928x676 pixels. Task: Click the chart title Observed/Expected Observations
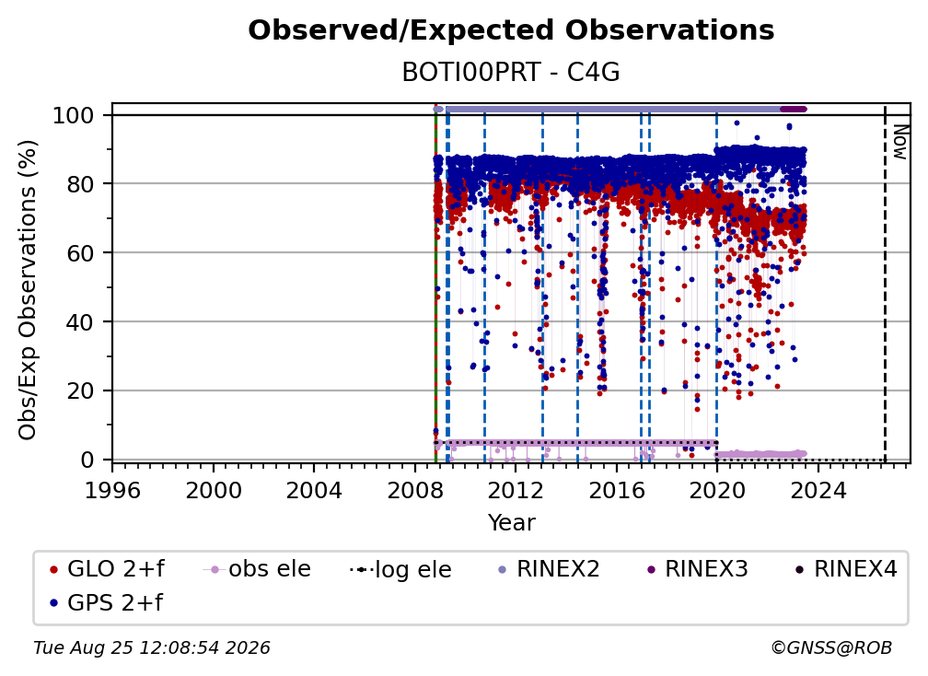(x=511, y=30)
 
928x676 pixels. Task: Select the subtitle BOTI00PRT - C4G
(x=511, y=72)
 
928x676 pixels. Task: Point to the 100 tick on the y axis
(x=74, y=115)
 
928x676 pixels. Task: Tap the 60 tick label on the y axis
(x=80, y=253)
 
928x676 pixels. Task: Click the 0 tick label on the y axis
(x=87, y=460)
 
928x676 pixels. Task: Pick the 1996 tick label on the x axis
(x=112, y=491)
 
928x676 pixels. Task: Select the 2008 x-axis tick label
(x=415, y=491)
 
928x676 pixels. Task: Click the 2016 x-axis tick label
(x=617, y=491)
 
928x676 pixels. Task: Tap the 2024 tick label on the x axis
(x=818, y=491)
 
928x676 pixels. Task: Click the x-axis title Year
(x=511, y=523)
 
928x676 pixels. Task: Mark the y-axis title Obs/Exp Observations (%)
(x=28, y=289)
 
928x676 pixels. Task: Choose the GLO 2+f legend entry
(x=107, y=569)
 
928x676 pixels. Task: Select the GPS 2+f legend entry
(x=107, y=602)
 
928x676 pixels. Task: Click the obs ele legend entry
(x=257, y=569)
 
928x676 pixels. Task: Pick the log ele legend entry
(x=400, y=570)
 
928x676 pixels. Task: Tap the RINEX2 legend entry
(x=549, y=569)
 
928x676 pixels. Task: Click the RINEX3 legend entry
(x=697, y=569)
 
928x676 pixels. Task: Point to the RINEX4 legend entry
(x=846, y=569)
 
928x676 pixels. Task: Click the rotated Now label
(x=900, y=142)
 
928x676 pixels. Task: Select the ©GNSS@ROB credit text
(x=831, y=647)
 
